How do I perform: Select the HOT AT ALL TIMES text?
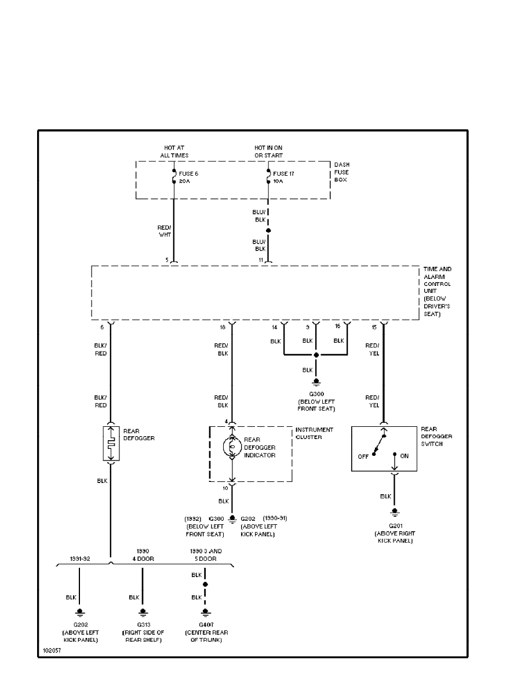(x=174, y=152)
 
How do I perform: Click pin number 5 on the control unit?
(x=167, y=260)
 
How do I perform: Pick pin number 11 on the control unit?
(x=261, y=260)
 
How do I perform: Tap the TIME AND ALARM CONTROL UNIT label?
(x=438, y=291)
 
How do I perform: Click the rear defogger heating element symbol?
(x=111, y=444)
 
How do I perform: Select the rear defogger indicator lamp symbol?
(x=232, y=447)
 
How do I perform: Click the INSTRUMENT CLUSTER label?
(x=314, y=433)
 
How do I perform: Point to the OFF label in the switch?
(x=363, y=456)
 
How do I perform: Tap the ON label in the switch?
(x=405, y=456)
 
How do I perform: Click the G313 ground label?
(x=142, y=625)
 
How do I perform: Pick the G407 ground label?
(x=205, y=625)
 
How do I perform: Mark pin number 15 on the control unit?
(x=374, y=328)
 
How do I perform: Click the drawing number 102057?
(x=52, y=651)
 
